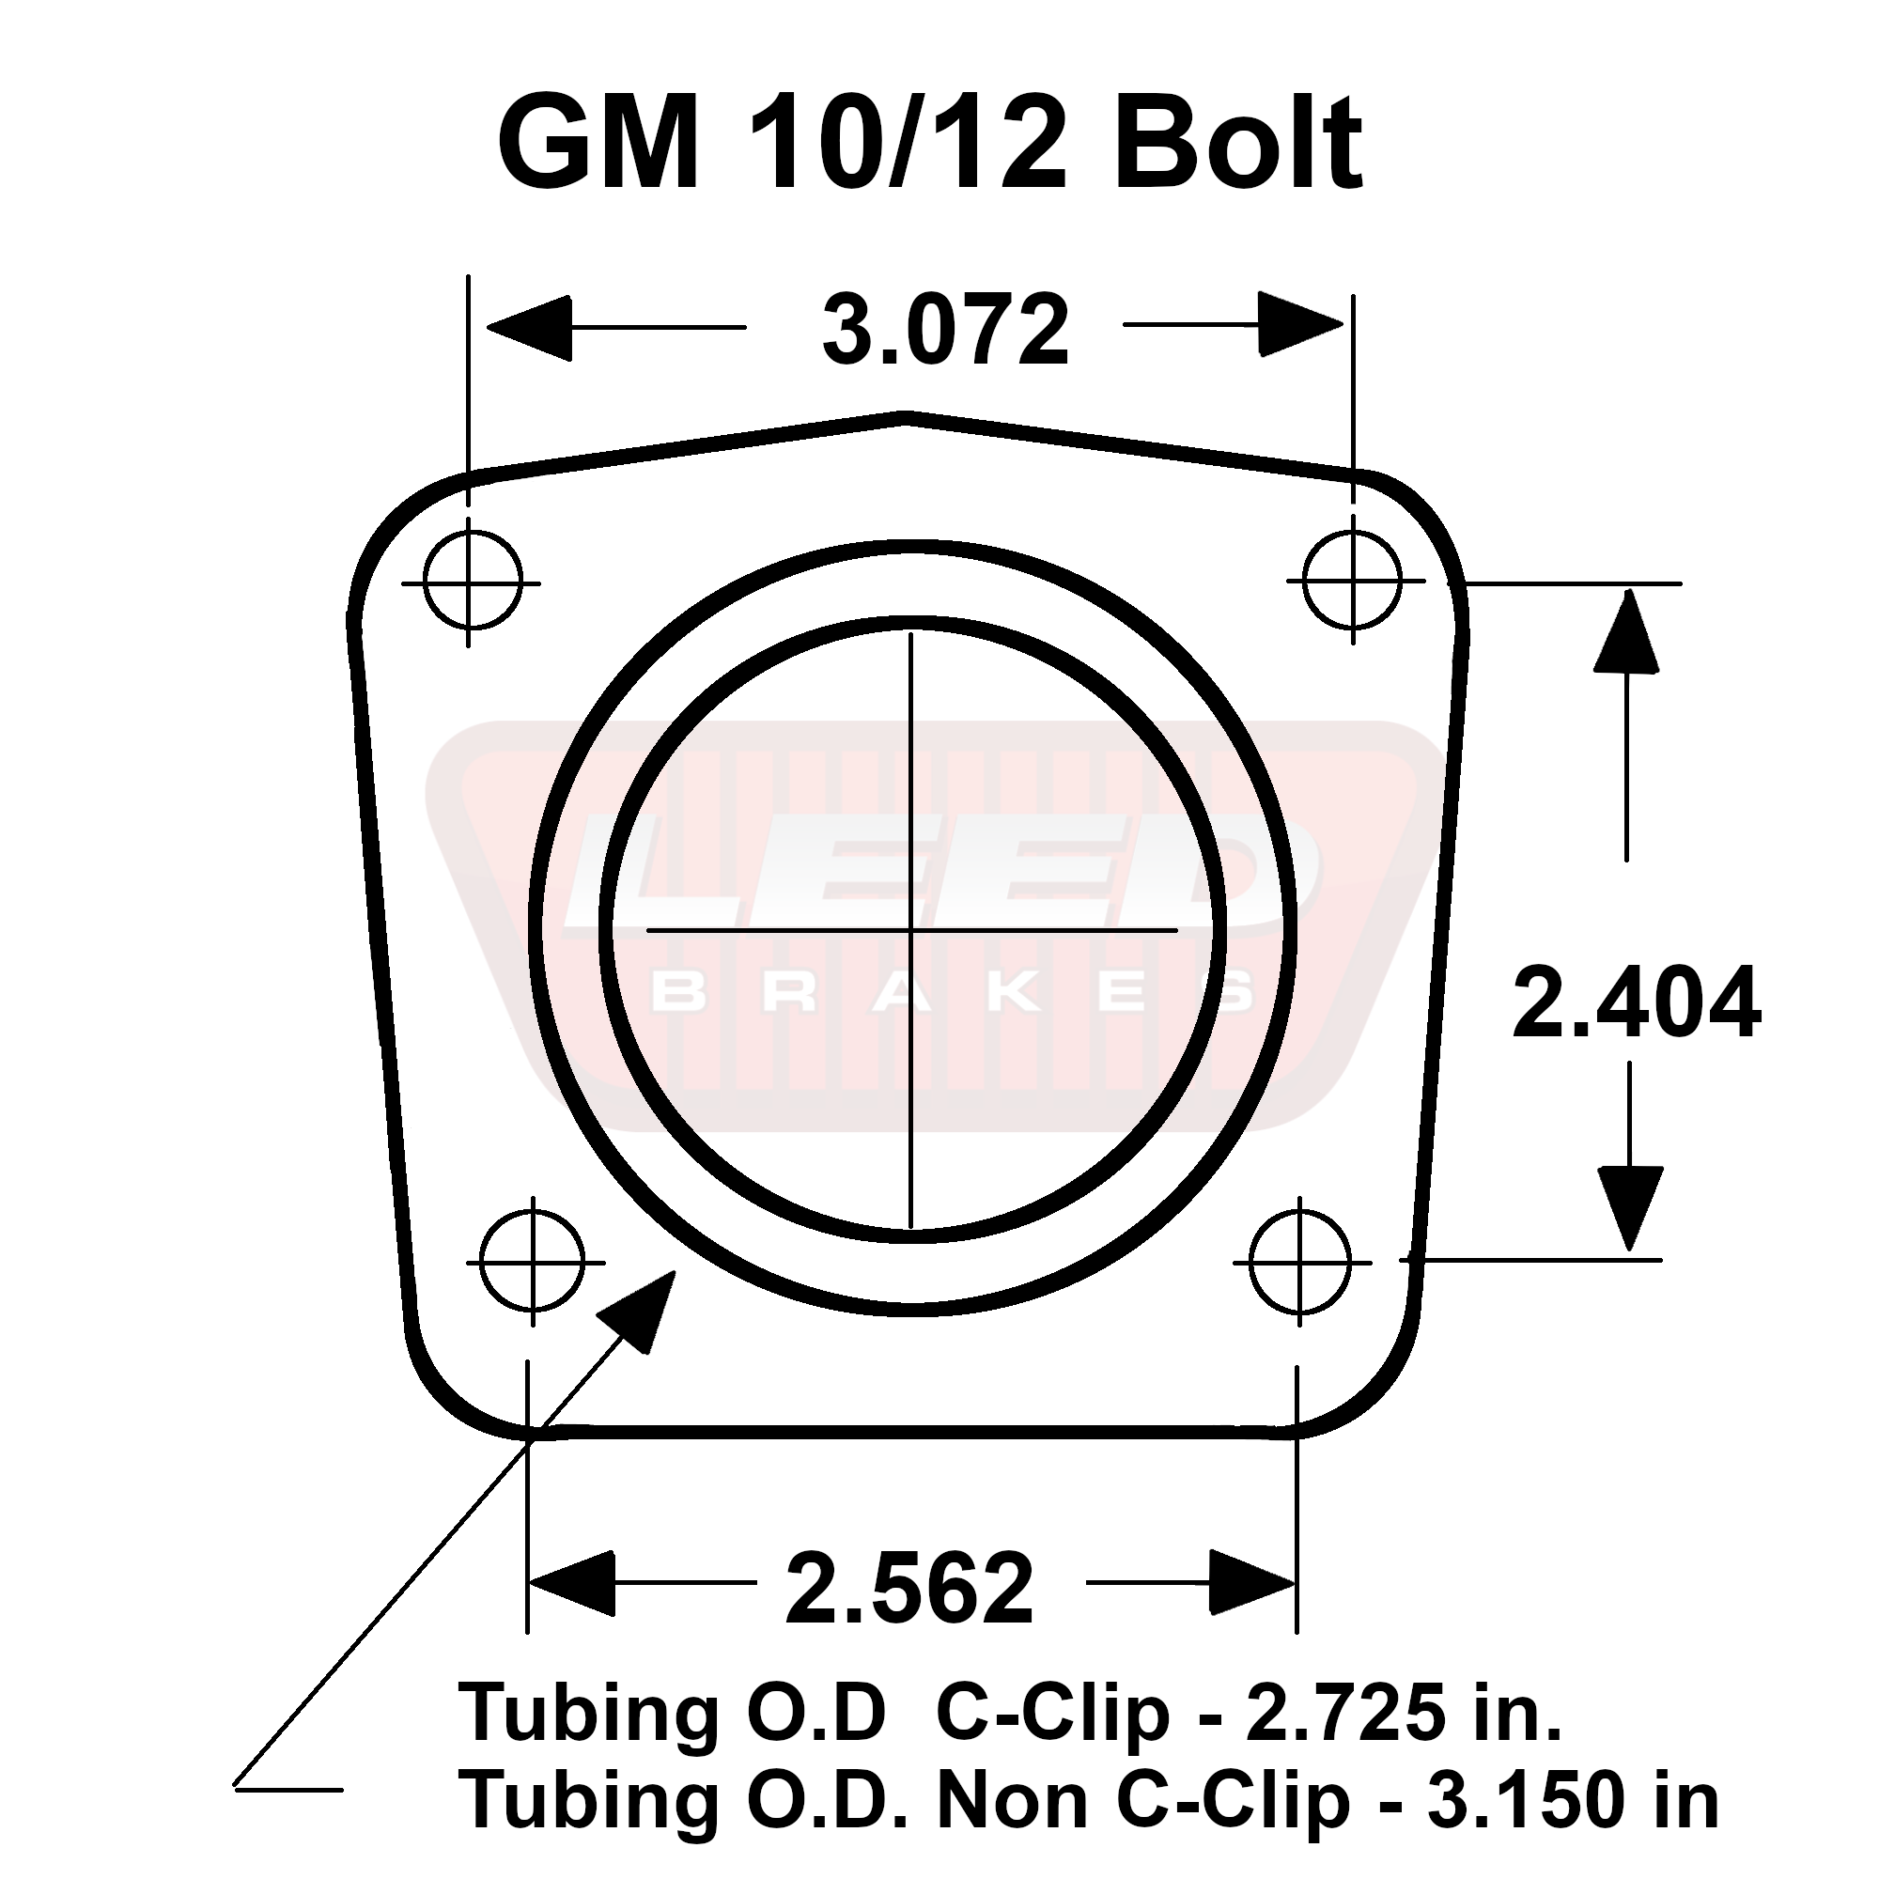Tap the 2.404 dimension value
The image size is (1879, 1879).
[x=1636, y=1002]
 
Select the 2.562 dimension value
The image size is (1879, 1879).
[x=909, y=1588]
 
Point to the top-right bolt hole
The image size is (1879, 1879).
[x=1353, y=582]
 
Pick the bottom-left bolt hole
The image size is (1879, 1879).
[x=532, y=1263]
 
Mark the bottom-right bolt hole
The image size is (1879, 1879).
[x=1300, y=1263]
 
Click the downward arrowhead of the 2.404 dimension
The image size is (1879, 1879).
[x=1628, y=1206]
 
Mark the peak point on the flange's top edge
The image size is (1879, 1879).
[x=907, y=417]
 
